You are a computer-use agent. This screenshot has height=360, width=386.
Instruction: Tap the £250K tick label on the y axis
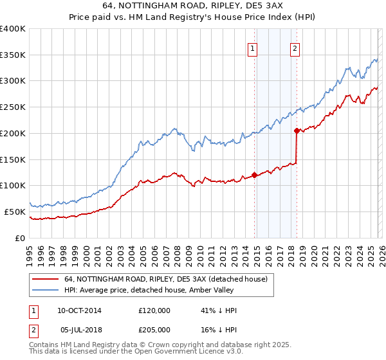point(12,107)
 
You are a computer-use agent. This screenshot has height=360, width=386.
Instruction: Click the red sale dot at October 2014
point(255,175)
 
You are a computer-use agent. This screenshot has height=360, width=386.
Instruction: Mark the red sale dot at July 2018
point(297,130)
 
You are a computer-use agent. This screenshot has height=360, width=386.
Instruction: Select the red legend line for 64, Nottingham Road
point(45,279)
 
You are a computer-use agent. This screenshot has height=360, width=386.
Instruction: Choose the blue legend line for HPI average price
point(45,291)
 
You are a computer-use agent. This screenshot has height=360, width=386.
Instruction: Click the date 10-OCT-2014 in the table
point(79,310)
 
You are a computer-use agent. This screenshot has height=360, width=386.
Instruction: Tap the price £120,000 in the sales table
point(154,310)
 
